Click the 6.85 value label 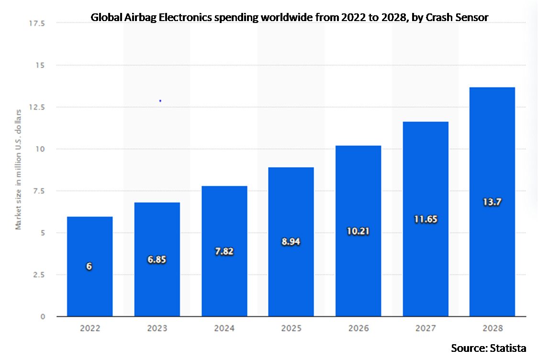click(157, 260)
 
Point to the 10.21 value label click(358, 231)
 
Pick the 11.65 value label click(425, 219)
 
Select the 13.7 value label click(492, 202)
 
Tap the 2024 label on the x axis click(224, 328)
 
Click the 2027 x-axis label click(425, 328)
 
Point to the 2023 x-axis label click(157, 328)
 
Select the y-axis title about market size click(19, 169)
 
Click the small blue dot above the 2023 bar click(160, 101)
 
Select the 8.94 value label click(291, 242)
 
